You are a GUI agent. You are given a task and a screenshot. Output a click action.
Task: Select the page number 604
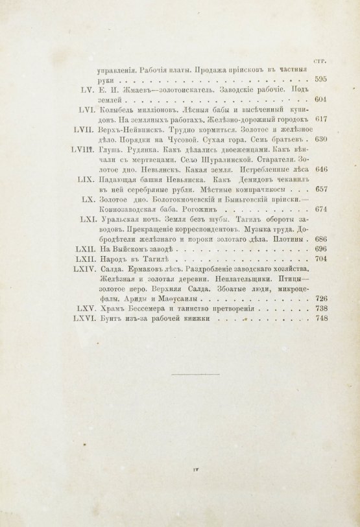(320, 100)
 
